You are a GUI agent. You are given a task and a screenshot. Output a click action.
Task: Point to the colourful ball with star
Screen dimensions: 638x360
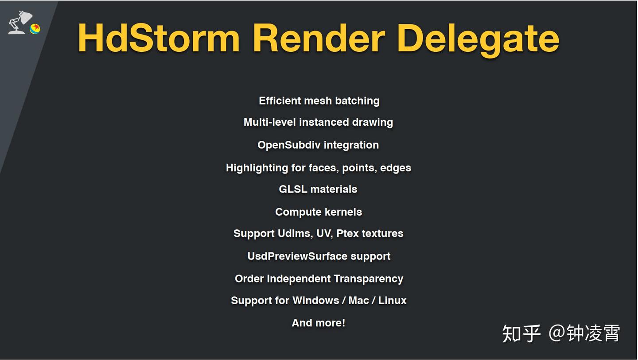coord(35,29)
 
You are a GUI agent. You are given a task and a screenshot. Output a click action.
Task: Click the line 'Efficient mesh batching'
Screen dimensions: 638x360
coord(319,101)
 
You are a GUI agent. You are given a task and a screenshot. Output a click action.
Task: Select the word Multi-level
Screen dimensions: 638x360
coord(269,122)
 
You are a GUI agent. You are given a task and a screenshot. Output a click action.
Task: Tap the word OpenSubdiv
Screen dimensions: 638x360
coord(289,145)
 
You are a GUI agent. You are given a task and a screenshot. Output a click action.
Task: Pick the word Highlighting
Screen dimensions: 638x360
coord(257,168)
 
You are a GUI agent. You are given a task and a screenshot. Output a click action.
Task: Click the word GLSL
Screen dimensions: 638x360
coord(293,189)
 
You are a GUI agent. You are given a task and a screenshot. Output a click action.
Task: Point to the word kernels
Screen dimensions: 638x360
coord(343,212)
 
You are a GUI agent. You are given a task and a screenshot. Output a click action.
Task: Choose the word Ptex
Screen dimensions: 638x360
coord(347,234)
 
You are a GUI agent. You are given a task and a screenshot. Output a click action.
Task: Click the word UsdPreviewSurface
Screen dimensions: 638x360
coord(297,256)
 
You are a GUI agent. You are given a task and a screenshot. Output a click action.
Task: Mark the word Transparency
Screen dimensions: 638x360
coord(369,279)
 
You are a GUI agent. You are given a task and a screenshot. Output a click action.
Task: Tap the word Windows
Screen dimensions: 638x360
coord(316,301)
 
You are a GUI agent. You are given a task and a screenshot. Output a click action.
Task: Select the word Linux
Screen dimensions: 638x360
coord(392,301)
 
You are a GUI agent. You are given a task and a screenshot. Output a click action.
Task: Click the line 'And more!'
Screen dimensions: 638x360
coord(319,323)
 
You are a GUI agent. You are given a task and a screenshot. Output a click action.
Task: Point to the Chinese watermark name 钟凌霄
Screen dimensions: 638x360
coord(593,333)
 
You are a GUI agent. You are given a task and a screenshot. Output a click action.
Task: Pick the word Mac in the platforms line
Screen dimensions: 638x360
coord(358,301)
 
